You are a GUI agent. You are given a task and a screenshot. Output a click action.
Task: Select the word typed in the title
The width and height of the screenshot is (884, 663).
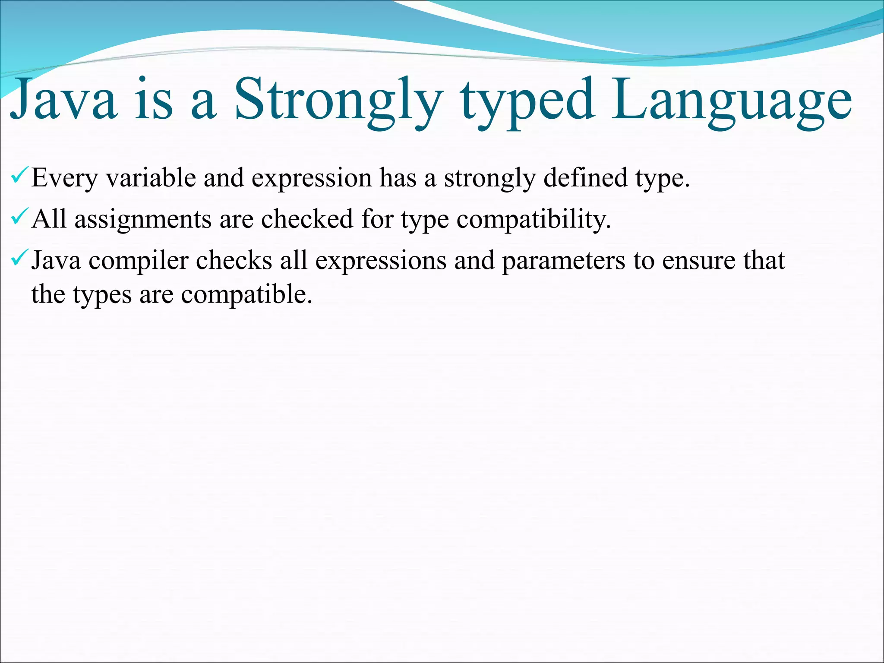coord(527,100)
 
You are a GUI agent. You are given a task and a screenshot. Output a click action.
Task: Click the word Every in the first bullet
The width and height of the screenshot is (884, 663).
coord(64,178)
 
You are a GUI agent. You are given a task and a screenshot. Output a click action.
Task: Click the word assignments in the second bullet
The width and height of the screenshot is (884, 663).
coord(143,219)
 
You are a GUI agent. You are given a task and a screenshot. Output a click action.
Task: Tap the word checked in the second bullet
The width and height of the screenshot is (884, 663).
coord(307,218)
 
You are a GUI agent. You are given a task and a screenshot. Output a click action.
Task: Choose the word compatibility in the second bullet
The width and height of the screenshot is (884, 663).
coord(534,219)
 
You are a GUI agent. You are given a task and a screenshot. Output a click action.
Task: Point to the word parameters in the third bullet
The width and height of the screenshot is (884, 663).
coord(563,261)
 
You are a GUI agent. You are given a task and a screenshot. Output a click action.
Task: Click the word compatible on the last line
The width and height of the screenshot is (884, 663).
coord(246,295)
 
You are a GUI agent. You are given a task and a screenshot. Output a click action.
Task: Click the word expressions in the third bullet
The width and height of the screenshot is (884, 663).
coord(381,261)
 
